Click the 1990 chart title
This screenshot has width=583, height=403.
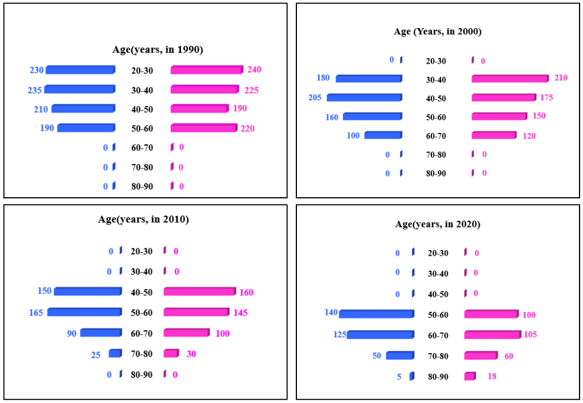tap(157, 50)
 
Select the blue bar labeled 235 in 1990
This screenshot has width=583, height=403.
tap(80, 89)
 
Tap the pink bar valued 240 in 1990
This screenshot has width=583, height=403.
tap(207, 70)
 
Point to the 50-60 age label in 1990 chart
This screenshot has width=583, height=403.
tap(142, 128)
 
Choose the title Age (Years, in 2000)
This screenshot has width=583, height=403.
tap(438, 32)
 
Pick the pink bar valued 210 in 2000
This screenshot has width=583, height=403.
tap(510, 79)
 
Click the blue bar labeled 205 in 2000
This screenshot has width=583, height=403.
tap(364, 97)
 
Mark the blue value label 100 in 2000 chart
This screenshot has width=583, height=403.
tap(354, 136)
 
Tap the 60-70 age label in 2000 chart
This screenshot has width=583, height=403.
tap(436, 136)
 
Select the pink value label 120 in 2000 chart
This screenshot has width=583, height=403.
tap(528, 135)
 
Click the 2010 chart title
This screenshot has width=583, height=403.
tap(144, 219)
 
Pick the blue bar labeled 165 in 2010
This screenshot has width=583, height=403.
tap(84, 312)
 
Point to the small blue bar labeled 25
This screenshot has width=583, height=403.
tap(115, 354)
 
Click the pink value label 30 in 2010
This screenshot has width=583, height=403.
tap(191, 354)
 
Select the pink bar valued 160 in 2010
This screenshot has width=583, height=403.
tap(199, 292)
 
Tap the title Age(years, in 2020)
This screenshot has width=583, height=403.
tap(438, 224)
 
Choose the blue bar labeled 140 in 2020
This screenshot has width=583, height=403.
tap(376, 314)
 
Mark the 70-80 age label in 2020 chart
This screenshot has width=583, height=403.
tap(439, 356)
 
